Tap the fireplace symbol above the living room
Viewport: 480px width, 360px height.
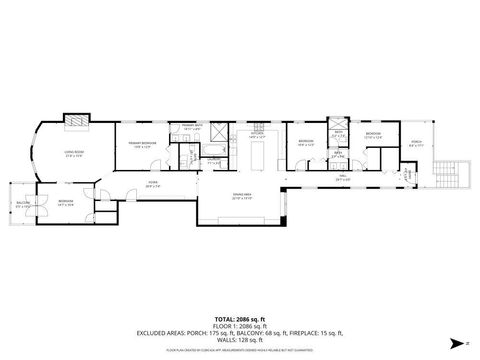(75, 120)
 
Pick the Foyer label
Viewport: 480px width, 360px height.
(153, 183)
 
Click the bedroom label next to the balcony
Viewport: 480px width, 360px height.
(66, 202)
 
